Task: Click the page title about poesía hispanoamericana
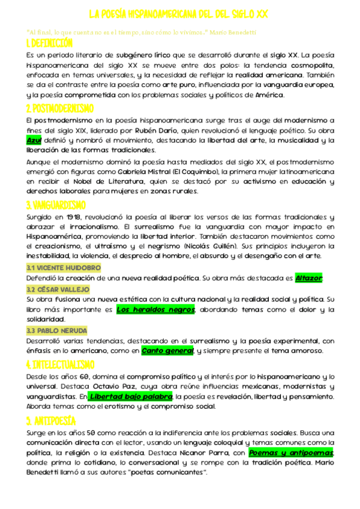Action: (x=178, y=14)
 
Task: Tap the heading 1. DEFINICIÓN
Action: (x=49, y=43)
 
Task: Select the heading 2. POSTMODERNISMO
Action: (x=59, y=108)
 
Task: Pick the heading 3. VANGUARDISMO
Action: (x=56, y=205)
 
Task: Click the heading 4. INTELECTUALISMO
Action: (x=61, y=364)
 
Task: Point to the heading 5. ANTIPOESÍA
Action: (x=51, y=419)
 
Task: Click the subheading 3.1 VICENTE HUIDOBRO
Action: (x=63, y=267)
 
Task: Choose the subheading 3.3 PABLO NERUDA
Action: (x=57, y=331)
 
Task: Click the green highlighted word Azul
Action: (x=34, y=140)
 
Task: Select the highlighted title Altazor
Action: (x=309, y=278)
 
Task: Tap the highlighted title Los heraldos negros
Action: (x=155, y=310)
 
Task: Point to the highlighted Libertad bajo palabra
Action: (x=122, y=397)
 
